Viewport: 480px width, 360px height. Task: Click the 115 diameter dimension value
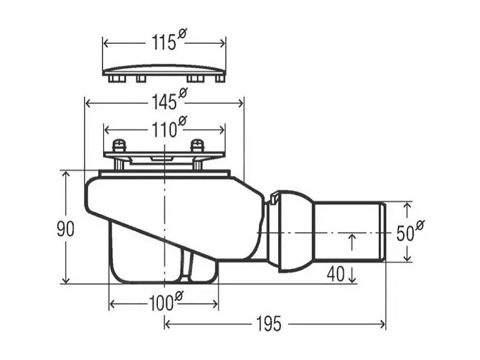[x=161, y=43]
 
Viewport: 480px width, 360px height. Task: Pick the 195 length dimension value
[x=268, y=324]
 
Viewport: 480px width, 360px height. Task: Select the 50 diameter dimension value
[x=405, y=232]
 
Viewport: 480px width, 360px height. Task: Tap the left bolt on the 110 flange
[x=120, y=146]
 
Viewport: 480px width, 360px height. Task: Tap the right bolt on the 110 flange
[x=197, y=146]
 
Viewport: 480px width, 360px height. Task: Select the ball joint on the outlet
[x=292, y=231]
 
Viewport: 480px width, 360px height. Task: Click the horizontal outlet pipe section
[x=349, y=232]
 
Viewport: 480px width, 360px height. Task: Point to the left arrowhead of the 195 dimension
[x=168, y=324]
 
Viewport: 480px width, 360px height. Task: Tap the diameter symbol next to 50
[x=420, y=224]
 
